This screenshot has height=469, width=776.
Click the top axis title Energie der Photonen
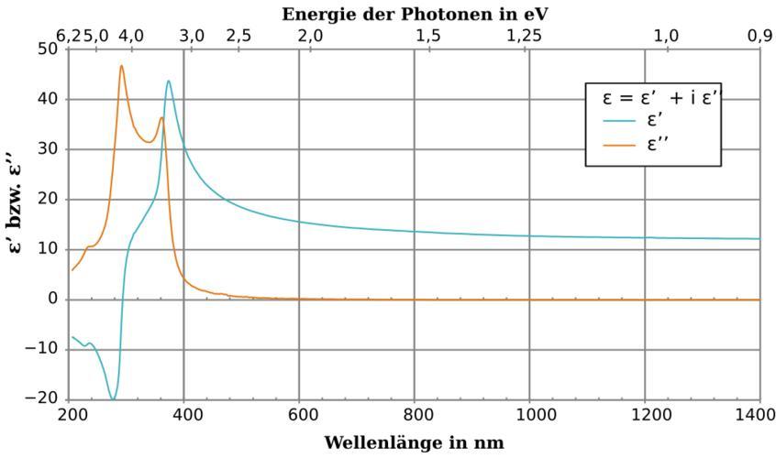pos(415,14)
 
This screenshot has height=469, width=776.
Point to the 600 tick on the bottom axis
pos(299,416)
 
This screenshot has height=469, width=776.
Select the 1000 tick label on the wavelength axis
pos(529,416)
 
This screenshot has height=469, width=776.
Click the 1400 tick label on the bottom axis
pos(759,416)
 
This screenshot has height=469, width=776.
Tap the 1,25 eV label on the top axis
pos(524,36)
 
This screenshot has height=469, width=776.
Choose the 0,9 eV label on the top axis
pos(759,36)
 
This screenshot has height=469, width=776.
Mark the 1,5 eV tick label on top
pos(427,36)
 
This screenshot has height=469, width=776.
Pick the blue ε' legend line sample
pos(625,122)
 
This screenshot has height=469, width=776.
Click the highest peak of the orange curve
pos(121,66)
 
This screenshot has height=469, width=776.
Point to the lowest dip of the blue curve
pos(112,399)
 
